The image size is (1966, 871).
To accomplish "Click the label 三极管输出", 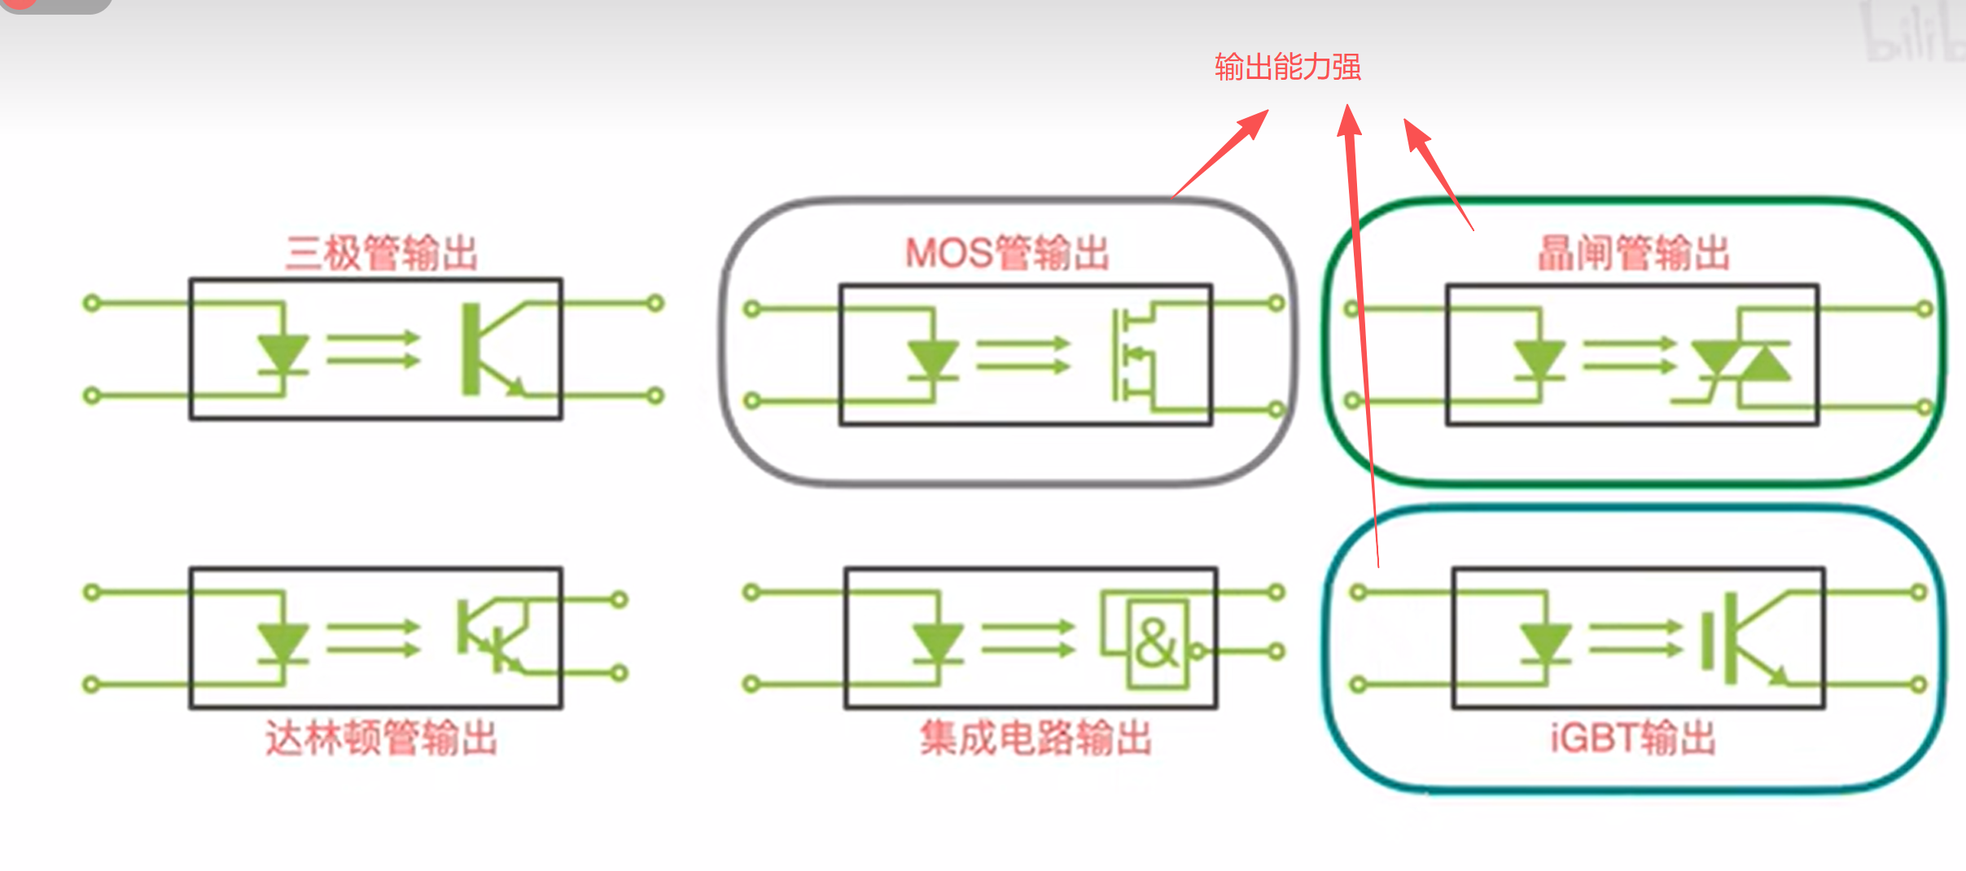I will [381, 253].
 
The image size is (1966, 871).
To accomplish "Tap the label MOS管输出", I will [1007, 253].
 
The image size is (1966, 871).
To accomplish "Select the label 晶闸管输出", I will [1633, 253].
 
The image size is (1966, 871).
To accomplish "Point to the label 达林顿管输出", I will [381, 738].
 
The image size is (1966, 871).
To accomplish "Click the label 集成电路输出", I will [1036, 738].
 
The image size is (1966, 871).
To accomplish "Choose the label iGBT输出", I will [1633, 738].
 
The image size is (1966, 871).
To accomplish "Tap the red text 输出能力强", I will [1287, 67].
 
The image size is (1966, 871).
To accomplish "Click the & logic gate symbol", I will [1157, 643].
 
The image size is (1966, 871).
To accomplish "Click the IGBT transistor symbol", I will [1742, 639].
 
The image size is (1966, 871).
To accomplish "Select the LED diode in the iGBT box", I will [1545, 643].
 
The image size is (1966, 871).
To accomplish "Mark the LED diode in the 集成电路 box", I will [938, 643].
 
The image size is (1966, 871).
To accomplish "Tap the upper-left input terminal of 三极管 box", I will [92, 304].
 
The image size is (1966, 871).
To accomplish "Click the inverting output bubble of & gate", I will [1197, 651].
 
